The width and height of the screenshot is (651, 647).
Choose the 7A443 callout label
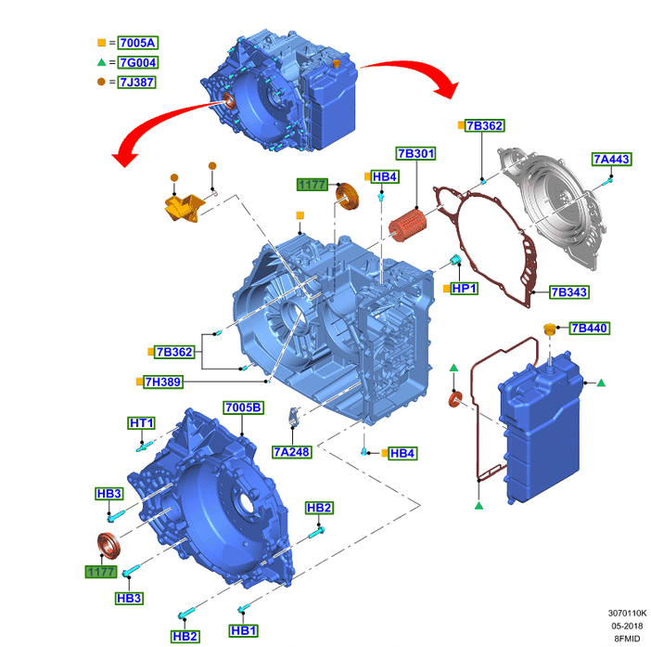tap(612, 160)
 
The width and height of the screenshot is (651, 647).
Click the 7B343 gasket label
tap(568, 292)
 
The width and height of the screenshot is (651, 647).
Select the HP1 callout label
tap(464, 289)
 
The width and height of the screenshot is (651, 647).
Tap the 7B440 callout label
tap(589, 329)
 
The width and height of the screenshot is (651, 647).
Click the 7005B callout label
tap(243, 408)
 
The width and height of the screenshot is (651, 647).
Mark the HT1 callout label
tap(141, 423)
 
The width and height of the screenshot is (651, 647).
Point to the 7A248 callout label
tap(292, 451)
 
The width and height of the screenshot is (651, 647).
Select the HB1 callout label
tap(243, 630)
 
